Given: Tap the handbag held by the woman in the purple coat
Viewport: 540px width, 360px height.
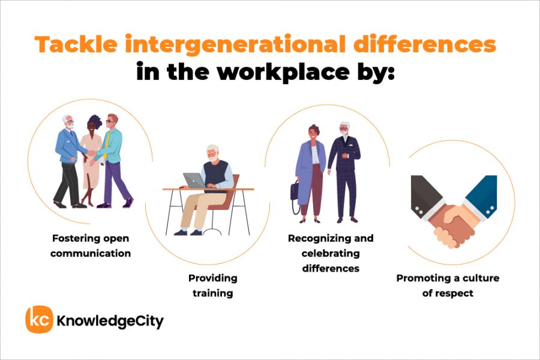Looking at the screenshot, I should [x=295, y=191].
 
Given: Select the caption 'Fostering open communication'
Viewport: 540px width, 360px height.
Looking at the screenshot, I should [x=91, y=245].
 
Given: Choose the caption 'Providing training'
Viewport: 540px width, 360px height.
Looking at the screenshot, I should [x=213, y=286].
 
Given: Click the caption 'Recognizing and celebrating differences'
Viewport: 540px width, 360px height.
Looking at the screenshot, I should [x=331, y=253].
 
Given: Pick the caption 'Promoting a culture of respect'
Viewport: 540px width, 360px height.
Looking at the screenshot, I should [x=448, y=286].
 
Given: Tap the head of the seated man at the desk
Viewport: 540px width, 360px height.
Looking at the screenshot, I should [x=213, y=152].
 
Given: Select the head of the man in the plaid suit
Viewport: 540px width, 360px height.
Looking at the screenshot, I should [x=344, y=129].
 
